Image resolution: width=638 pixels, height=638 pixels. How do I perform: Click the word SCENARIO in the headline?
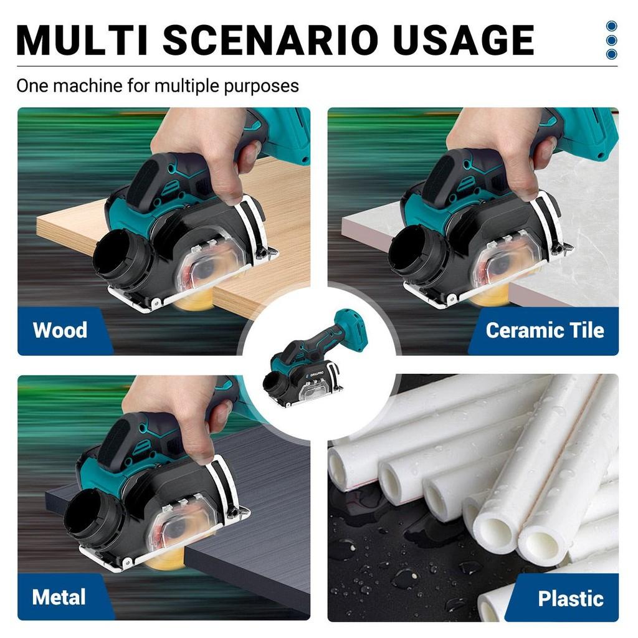pos(271,40)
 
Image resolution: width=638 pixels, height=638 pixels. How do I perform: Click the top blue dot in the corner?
pos(611,26)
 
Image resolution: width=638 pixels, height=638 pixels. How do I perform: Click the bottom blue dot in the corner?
pos(611,54)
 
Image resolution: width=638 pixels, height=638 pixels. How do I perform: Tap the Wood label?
pos(60,330)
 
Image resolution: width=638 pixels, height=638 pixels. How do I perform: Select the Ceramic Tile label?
pos(545,330)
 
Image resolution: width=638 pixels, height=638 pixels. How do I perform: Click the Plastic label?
pos(570,598)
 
